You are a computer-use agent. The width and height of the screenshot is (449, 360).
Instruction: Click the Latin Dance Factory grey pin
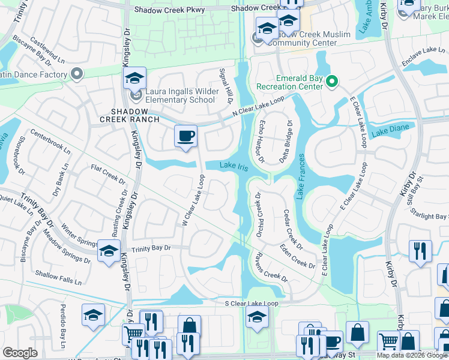tap(76, 74)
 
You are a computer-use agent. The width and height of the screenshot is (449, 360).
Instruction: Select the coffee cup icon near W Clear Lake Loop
tap(185, 136)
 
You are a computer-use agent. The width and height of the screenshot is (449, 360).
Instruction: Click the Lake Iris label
tap(234, 166)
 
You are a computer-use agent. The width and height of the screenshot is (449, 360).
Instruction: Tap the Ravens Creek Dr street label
tap(269, 267)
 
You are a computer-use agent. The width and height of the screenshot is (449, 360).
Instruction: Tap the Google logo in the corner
tap(20, 353)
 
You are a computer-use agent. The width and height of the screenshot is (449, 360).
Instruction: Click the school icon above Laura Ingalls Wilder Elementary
tap(135, 78)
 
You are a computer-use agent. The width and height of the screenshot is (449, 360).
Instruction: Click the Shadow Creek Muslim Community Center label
tap(309, 38)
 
